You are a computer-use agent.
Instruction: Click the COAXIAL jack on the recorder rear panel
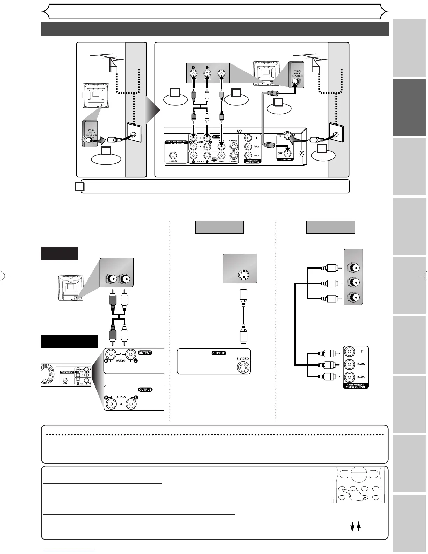tap(172, 155)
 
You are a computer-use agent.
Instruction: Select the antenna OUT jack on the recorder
tap(287, 152)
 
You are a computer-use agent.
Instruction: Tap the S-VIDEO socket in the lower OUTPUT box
tap(242, 367)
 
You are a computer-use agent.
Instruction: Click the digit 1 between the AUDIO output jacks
tap(121, 354)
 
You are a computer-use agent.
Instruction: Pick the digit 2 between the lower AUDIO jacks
tap(121, 403)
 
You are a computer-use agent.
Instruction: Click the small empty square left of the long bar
tap(79, 186)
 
